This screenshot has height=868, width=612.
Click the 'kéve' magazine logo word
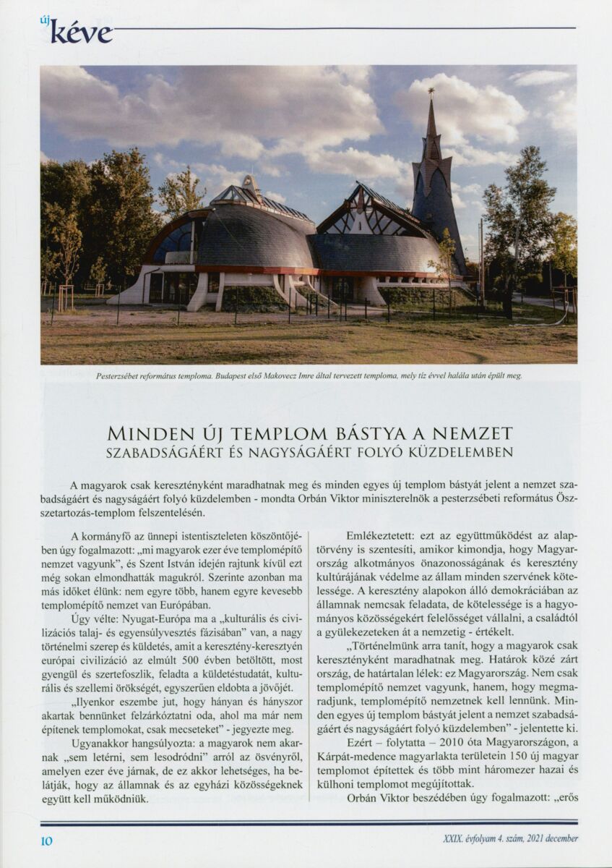(82, 32)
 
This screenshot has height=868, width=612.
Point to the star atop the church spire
(431, 91)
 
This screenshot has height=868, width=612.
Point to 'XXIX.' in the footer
(454, 839)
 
